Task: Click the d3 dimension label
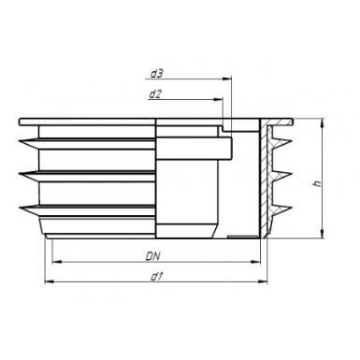[x=157, y=74]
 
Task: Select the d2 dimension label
[x=155, y=94]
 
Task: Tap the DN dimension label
[x=153, y=256]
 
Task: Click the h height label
[x=317, y=183]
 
